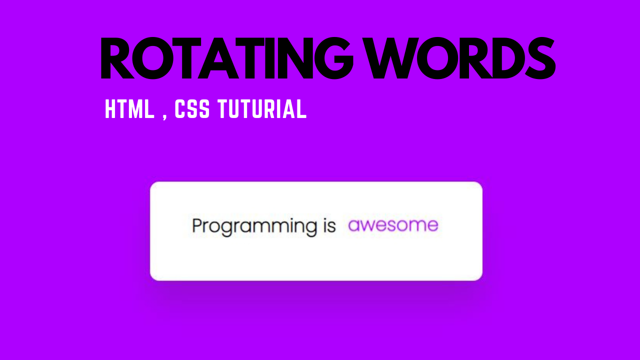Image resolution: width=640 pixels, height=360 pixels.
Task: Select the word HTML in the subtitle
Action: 129,109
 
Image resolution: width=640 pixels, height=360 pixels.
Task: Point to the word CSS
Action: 192,109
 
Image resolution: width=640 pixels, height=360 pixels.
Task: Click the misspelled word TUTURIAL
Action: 262,109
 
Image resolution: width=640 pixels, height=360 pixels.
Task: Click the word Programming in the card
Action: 254,226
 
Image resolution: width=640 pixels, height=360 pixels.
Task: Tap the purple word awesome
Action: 393,225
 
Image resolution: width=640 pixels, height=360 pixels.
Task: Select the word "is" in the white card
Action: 326,225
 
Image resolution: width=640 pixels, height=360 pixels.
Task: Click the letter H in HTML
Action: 110,109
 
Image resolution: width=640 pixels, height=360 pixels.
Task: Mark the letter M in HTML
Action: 135,109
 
